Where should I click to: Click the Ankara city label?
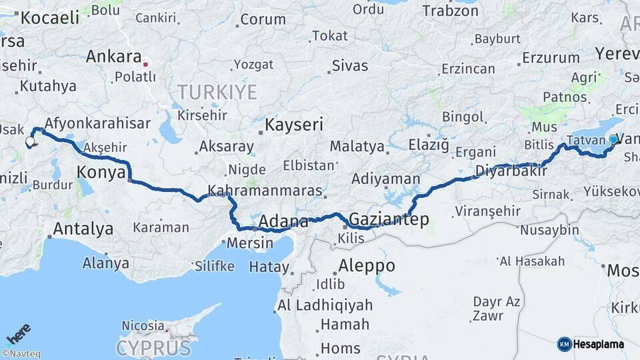coord(113,56)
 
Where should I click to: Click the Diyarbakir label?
coord(511,171)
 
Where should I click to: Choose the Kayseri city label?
coord(294,124)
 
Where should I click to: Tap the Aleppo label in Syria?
coord(367,265)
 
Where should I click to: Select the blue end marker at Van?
coord(613,139)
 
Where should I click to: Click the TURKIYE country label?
coord(217,91)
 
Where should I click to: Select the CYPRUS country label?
coord(153,347)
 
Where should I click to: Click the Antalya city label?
coord(83,229)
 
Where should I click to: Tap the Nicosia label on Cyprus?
coord(143,325)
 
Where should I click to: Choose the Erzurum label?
coord(551,57)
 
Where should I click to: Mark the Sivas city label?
coord(349,65)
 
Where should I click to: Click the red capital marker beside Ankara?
coord(146,65)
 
